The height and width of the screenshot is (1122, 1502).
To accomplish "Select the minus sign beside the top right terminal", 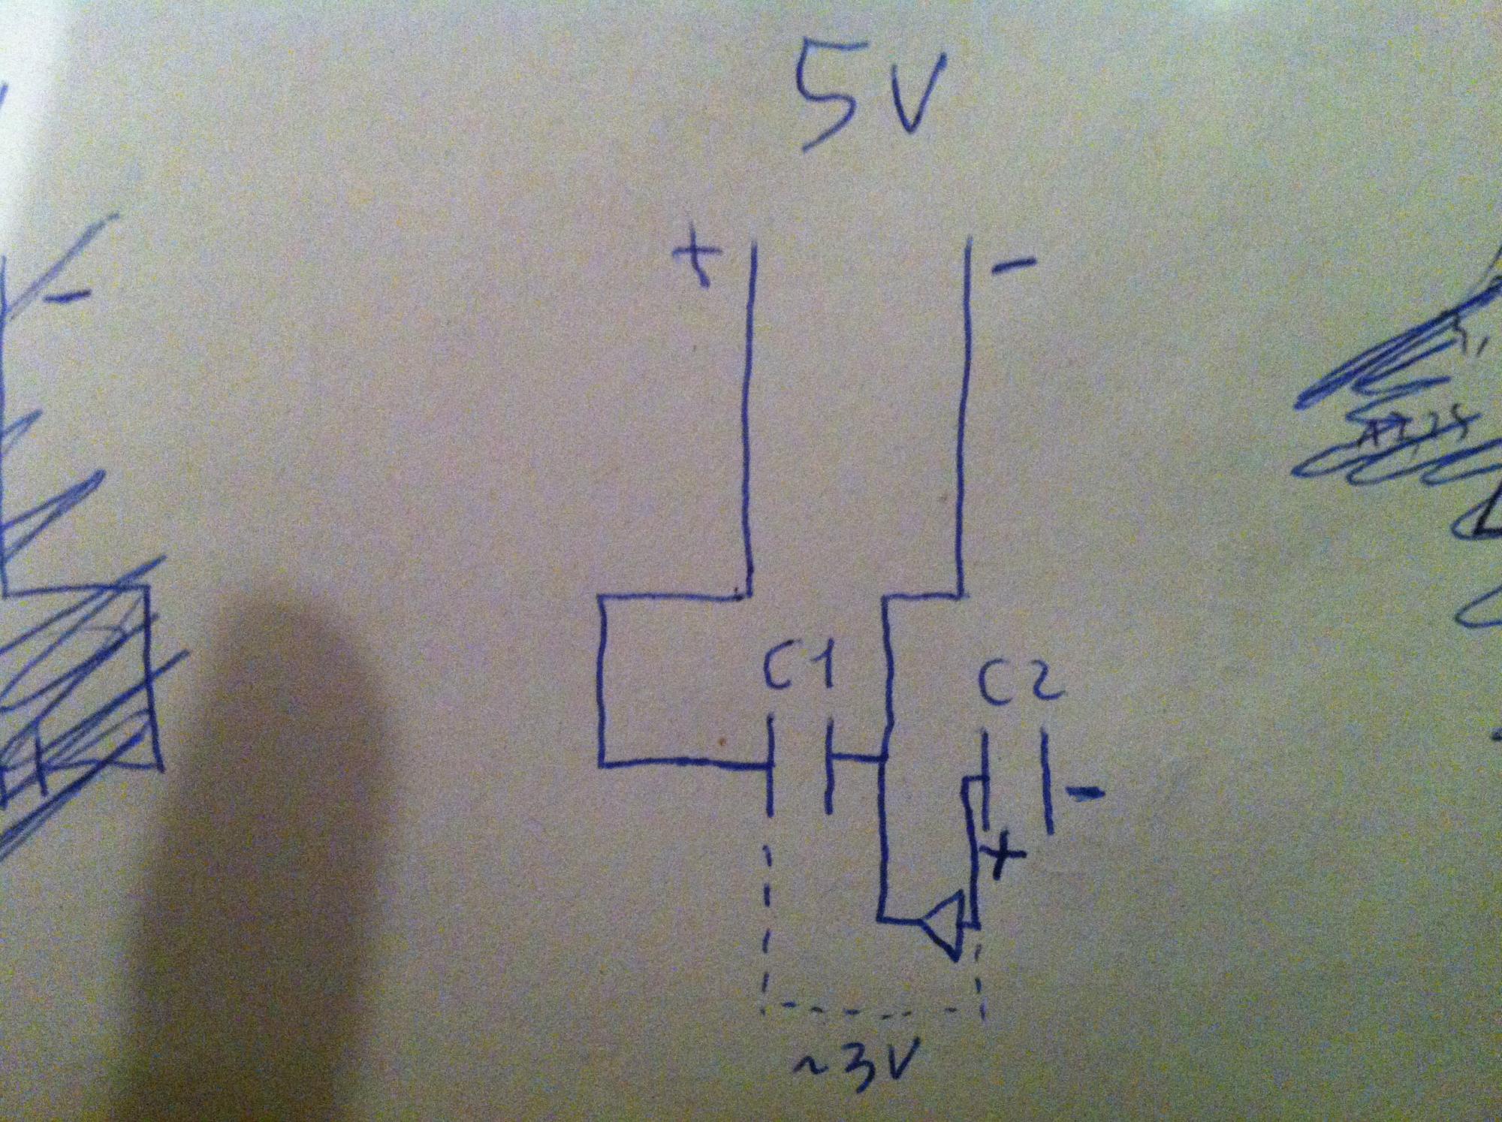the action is tap(1018, 264).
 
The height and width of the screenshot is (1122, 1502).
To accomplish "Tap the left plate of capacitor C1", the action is tap(770, 766).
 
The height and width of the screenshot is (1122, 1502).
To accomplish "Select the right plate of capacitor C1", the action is tap(829, 766).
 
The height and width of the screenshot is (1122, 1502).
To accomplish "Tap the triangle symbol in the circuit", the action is tap(943, 923).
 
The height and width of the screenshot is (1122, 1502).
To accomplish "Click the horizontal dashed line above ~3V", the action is tap(871, 1006).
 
